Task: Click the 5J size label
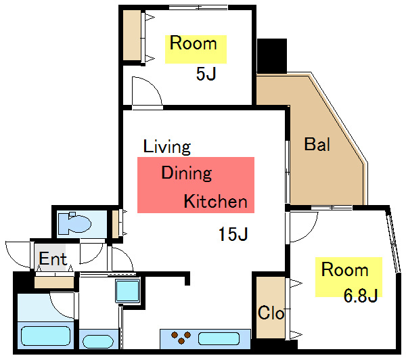point(206,74)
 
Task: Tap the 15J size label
point(233,234)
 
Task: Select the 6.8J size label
point(361,295)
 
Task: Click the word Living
point(167,147)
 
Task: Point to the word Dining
point(187,173)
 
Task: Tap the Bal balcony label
point(317,144)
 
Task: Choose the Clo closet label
point(271,313)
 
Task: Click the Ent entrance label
point(53,258)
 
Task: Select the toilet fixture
point(74,223)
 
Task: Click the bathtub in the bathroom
point(45,336)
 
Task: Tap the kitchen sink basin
point(219,339)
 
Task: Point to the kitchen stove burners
point(181,338)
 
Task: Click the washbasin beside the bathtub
point(97,341)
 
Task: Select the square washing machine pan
point(128,290)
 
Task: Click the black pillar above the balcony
point(272,55)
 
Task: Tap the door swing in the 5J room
point(147,91)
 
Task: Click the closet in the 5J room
point(132,35)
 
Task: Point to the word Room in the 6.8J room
point(344,269)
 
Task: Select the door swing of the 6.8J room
point(303,227)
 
